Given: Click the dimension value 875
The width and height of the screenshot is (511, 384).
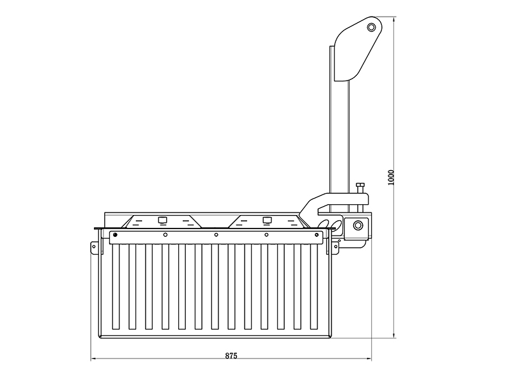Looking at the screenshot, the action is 231,356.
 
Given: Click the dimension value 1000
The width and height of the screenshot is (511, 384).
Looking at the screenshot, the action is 391,177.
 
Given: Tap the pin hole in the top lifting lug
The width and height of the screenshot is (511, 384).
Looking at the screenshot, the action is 371,27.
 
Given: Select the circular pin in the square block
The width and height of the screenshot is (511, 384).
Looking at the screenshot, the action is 358,225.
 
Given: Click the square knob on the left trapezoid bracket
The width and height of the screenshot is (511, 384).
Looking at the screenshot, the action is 162,220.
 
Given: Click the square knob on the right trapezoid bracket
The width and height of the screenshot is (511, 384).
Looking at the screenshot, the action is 267,220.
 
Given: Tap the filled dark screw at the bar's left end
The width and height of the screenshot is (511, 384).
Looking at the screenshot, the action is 115,235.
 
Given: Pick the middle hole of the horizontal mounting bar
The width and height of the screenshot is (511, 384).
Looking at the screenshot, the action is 216,235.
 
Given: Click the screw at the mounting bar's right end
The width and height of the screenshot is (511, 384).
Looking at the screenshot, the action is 316,235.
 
